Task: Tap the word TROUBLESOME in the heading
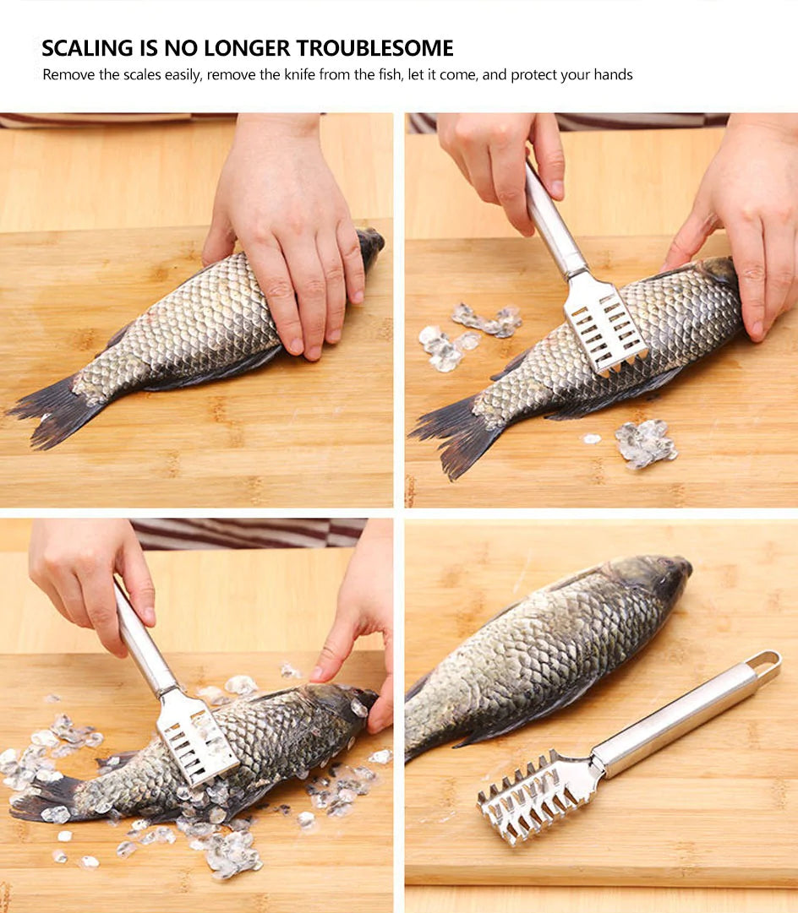point(374,48)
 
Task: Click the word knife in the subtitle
point(299,74)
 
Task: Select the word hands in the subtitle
point(613,74)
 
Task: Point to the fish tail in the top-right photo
point(457,434)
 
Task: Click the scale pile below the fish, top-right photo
point(645,443)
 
